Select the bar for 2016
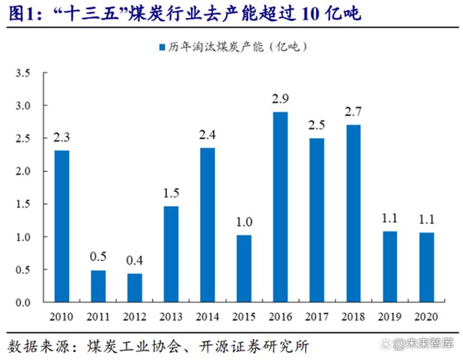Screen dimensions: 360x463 [281, 207]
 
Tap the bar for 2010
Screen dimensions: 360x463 [62, 227]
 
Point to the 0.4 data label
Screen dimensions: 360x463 [134, 261]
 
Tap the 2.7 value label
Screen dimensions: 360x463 [354, 112]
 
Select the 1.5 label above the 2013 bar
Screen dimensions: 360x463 [171, 193]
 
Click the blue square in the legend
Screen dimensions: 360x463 [162, 47]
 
